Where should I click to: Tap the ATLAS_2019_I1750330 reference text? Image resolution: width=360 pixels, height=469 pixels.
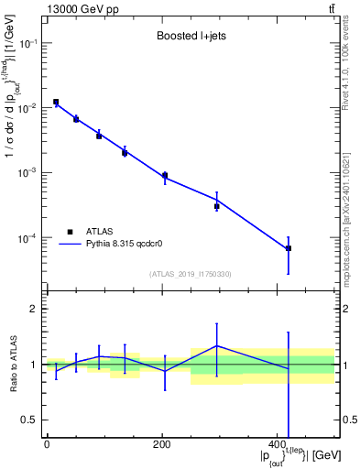tap(190, 273)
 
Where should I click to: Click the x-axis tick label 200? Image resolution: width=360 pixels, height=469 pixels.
tap(162, 444)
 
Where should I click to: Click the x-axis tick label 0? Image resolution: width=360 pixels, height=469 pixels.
tap(47, 444)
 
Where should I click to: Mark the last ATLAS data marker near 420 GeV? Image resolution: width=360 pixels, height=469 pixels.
tap(289, 248)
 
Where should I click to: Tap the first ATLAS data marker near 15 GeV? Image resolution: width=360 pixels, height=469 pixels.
tap(56, 102)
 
